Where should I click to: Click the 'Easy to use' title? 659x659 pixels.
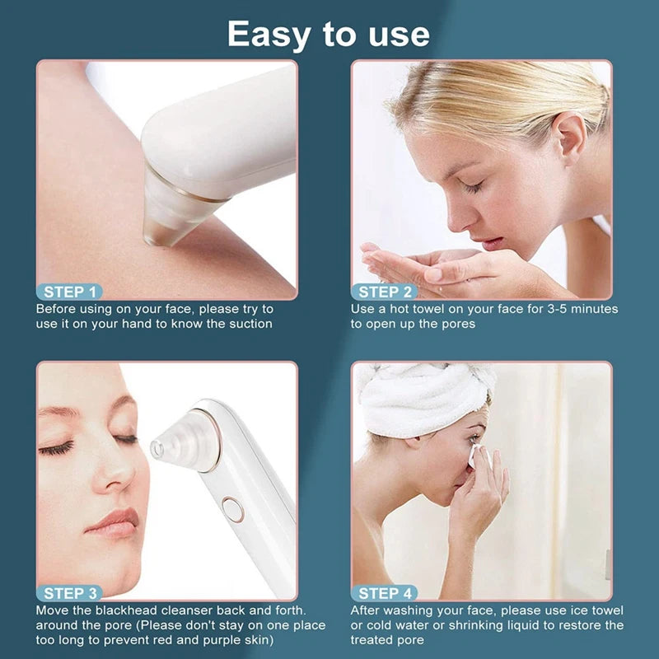[328, 35]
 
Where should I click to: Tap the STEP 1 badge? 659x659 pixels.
[70, 292]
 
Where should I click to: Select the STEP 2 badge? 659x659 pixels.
[385, 292]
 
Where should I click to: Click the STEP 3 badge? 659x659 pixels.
[70, 593]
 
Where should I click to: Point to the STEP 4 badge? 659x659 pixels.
[385, 593]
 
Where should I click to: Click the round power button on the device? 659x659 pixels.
[233, 509]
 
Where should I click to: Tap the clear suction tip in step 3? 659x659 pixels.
[185, 442]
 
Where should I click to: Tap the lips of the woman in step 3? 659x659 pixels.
[114, 522]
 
